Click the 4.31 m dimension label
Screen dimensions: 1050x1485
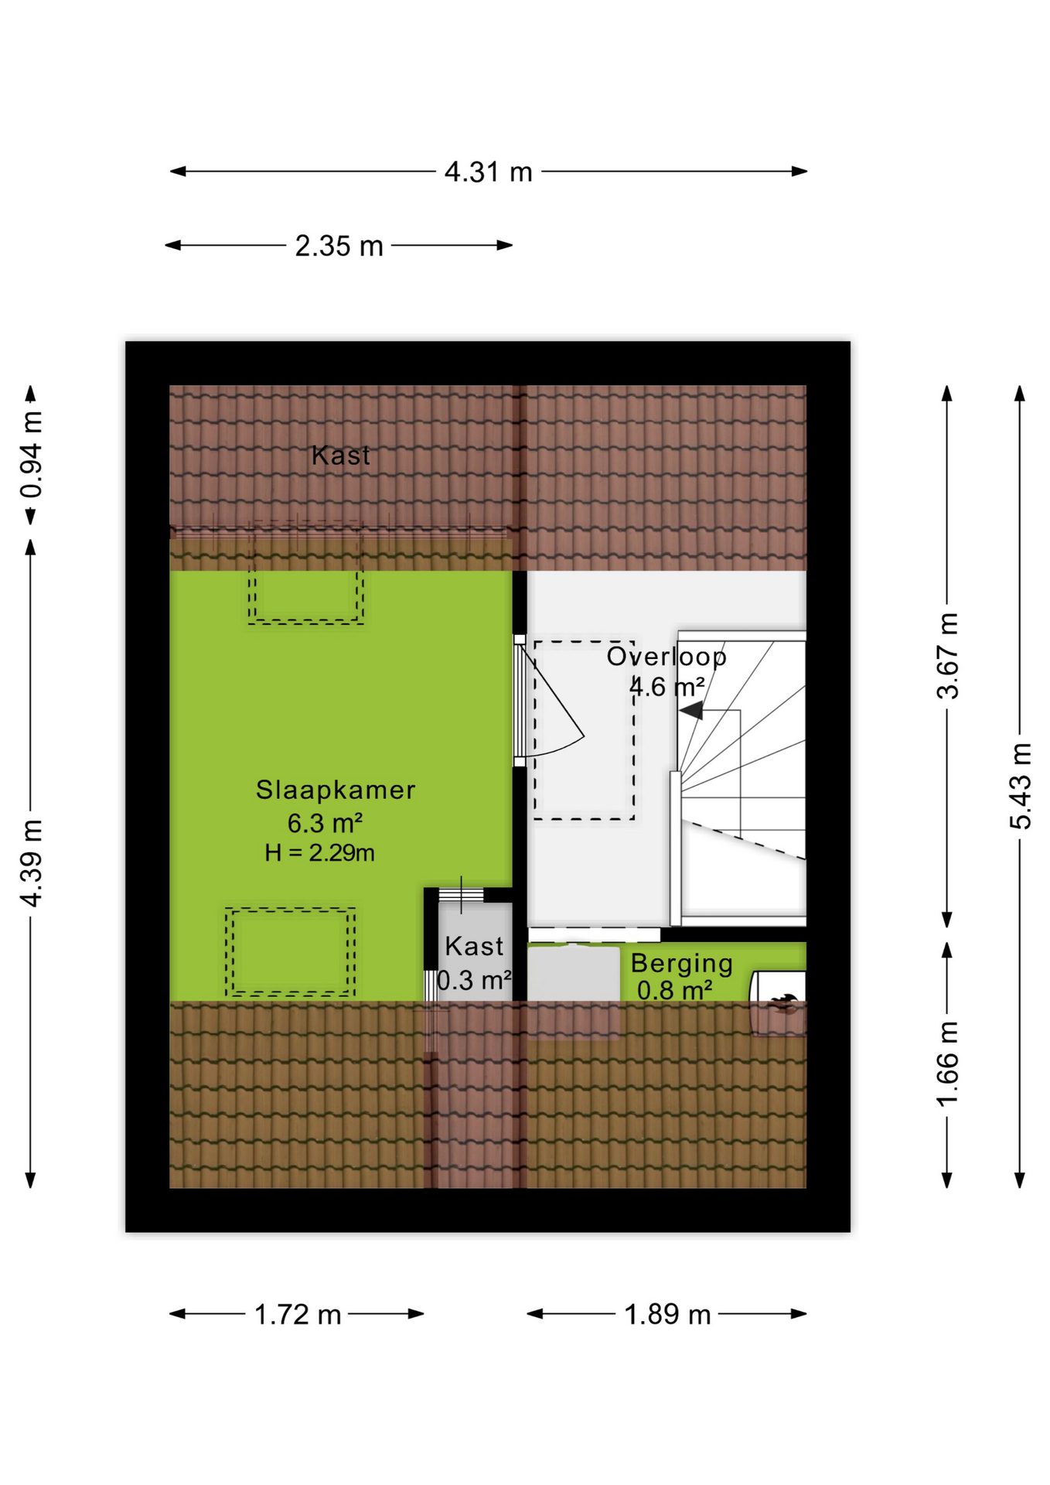[x=489, y=172]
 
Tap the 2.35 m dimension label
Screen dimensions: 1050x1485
[x=339, y=246]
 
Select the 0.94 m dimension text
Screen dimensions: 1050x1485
[x=32, y=454]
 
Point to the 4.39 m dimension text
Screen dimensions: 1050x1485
[x=32, y=862]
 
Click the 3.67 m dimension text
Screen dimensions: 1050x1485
[x=948, y=656]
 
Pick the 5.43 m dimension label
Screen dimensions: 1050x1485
[x=1021, y=786]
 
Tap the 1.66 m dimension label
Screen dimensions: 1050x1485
[x=948, y=1064]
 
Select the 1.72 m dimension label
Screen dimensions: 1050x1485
[x=298, y=1314]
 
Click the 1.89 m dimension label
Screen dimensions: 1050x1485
[x=667, y=1314]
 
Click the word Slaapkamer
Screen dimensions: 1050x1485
[x=336, y=790]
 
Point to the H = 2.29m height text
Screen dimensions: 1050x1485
[x=319, y=853]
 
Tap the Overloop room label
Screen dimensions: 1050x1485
[x=666, y=657]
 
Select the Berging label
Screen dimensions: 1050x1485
[x=682, y=964]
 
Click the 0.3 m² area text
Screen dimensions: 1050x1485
[x=474, y=981]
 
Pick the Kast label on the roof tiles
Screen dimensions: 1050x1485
[x=340, y=456]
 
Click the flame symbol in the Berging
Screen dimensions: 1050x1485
[x=783, y=1003]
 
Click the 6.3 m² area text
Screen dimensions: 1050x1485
[x=325, y=823]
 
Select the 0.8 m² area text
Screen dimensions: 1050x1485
[x=674, y=991]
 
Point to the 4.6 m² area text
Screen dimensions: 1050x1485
[x=666, y=687]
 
